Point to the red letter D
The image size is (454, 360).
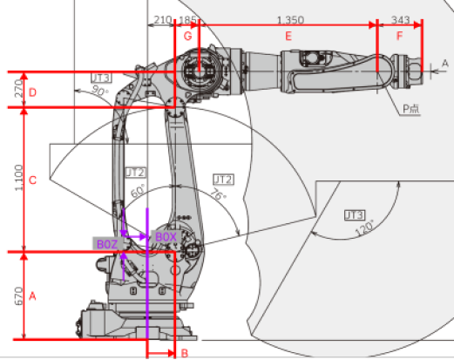32,92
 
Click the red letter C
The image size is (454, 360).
32,180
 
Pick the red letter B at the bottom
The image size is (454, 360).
183,353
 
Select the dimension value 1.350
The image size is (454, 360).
289,18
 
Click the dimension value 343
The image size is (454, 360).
401,18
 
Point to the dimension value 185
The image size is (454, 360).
187,18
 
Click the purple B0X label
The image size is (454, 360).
166,236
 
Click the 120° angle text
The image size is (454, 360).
363,226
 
